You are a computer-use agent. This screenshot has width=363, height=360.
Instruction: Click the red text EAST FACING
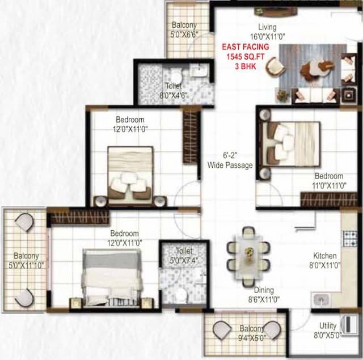pyautogui.click(x=246, y=48)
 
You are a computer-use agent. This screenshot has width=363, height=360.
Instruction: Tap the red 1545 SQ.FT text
pyautogui.click(x=246, y=57)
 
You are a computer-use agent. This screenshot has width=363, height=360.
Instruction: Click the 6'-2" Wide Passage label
pyautogui.click(x=230, y=159)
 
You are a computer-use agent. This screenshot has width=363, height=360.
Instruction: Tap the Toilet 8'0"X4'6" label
pyautogui.click(x=174, y=90)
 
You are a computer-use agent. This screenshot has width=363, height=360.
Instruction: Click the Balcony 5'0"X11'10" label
pyautogui.click(x=26, y=260)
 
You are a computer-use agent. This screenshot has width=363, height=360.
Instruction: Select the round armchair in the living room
pyautogui.click(x=275, y=67)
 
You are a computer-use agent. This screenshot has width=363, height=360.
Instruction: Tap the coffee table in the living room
pyautogui.click(x=315, y=69)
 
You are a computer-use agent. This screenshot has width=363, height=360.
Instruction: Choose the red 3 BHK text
pyautogui.click(x=246, y=66)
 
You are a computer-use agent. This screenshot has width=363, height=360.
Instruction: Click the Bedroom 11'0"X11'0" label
pyautogui.click(x=329, y=180)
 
